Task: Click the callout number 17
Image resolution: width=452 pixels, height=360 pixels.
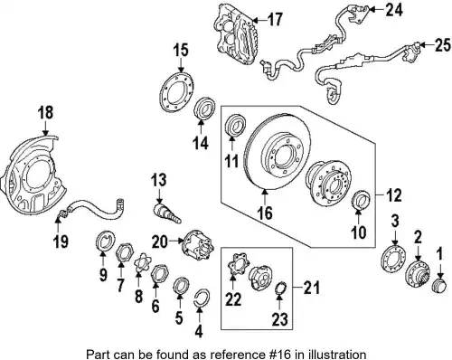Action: click(275, 20)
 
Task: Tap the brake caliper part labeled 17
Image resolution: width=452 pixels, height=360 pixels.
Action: click(236, 33)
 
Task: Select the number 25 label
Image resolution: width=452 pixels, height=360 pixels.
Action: click(443, 45)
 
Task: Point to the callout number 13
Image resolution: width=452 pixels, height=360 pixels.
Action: click(159, 180)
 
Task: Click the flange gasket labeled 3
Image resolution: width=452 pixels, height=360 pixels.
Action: click(393, 259)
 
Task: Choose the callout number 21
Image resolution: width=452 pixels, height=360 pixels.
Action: click(311, 288)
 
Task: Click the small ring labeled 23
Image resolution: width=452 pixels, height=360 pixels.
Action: click(281, 289)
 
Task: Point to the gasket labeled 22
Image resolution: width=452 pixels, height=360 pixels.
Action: click(238, 266)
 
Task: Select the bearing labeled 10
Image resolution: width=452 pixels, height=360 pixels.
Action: click(361, 199)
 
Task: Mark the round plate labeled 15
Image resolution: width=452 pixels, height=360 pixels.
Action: click(176, 91)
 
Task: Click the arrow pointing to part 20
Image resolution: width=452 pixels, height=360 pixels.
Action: click(176, 241)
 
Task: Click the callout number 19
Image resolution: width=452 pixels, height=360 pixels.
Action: click(61, 241)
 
